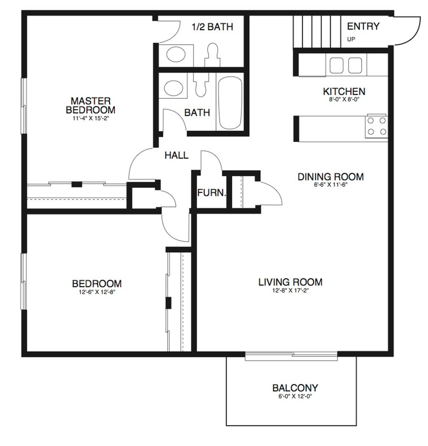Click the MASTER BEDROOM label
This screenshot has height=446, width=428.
click(90, 105)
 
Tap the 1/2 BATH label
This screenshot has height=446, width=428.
click(212, 27)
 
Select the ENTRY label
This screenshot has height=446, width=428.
click(363, 27)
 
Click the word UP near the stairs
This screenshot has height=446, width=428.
click(351, 40)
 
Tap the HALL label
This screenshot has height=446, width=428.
click(176, 156)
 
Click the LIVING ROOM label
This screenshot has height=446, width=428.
click(290, 282)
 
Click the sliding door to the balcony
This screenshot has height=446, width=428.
click(291, 356)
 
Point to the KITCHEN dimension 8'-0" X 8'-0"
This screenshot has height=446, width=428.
click(343, 99)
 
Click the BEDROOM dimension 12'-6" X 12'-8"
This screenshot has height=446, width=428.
click(96, 292)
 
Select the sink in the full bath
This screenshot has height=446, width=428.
click(173, 88)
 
